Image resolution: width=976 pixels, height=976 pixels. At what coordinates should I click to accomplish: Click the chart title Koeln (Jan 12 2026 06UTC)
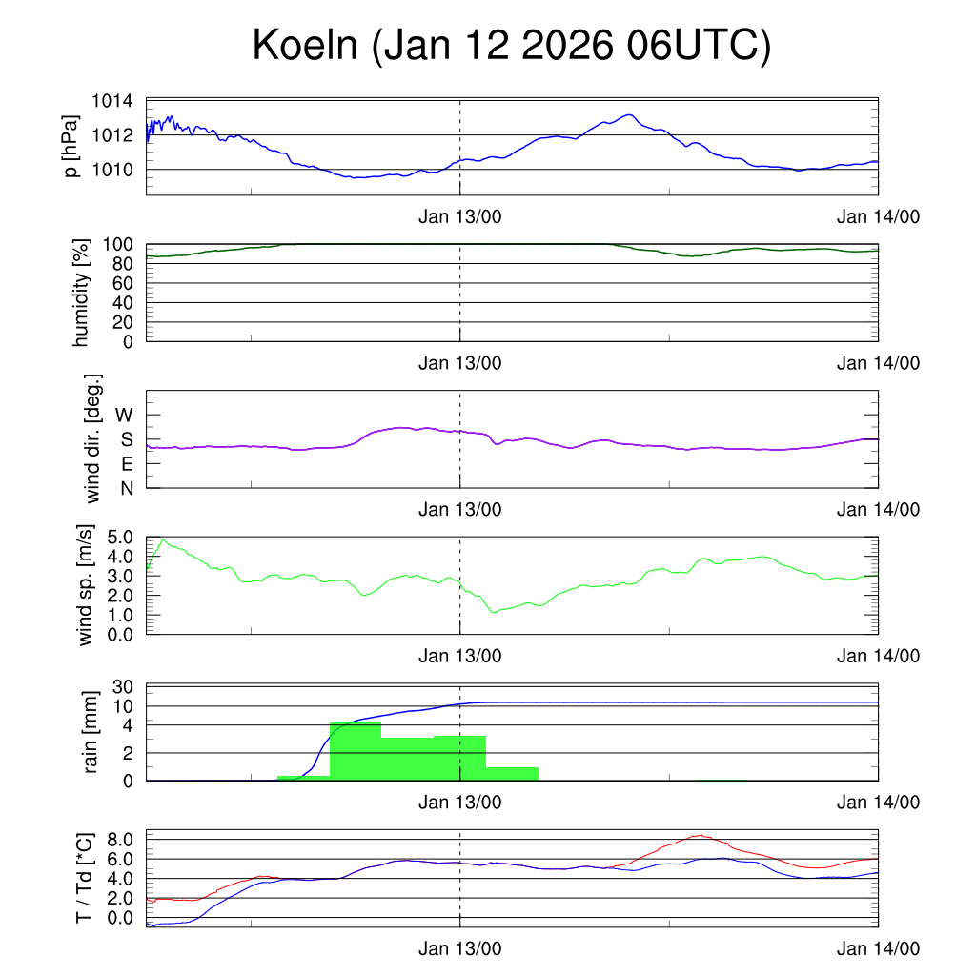point(511,46)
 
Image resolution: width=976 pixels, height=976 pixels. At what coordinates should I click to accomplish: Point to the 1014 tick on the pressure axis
point(112,101)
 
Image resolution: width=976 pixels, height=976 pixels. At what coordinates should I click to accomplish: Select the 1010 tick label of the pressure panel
point(112,170)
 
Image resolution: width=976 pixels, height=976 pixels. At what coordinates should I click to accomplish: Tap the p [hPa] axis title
point(71,146)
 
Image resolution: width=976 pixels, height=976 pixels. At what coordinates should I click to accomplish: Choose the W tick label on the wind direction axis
point(125,415)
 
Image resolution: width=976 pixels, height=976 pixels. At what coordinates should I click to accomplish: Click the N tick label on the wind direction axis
point(126,488)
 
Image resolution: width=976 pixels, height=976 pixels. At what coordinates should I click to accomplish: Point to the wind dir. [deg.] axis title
point(92,438)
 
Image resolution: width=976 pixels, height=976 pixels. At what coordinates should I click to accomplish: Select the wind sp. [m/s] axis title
point(86,585)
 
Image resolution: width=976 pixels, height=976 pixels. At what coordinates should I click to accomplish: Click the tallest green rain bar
point(356,751)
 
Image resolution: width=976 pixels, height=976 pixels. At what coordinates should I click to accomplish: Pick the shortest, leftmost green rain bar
point(303,778)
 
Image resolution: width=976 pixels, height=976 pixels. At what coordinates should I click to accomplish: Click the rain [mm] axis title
point(92,733)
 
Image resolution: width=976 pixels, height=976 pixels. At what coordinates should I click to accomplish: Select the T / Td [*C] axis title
point(85,879)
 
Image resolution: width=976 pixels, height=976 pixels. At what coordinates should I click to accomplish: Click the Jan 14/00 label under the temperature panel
point(878,949)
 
